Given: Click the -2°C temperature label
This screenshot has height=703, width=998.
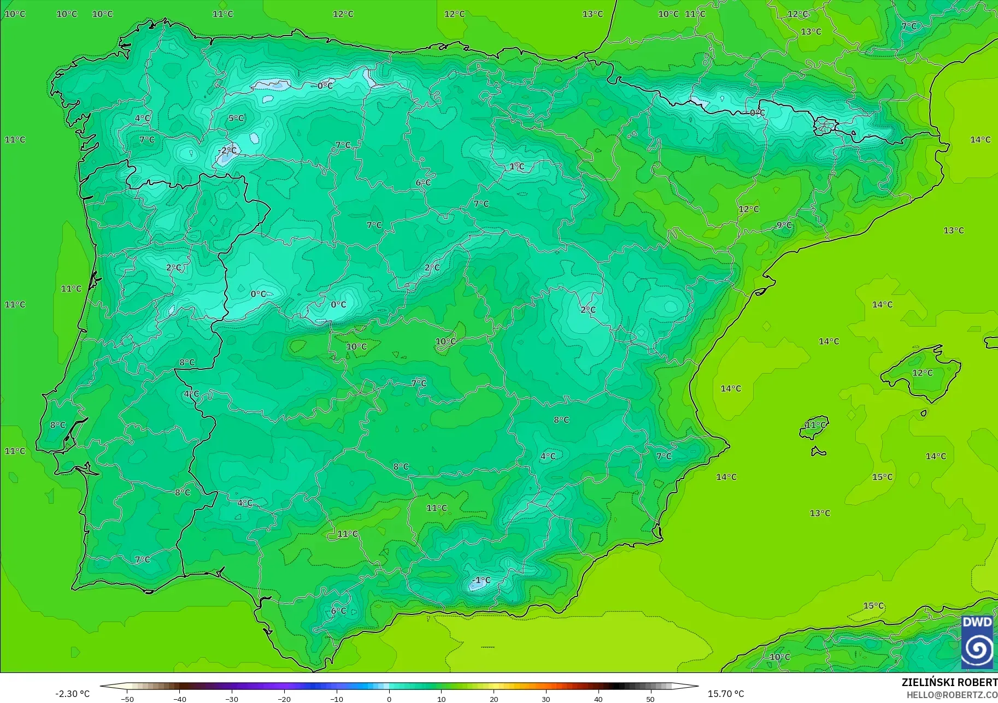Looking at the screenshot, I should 227,150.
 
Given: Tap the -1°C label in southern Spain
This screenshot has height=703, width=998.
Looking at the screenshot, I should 482,580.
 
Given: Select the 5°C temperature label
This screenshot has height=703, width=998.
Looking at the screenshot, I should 236,118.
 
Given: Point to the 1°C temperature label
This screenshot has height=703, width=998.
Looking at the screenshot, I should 516,166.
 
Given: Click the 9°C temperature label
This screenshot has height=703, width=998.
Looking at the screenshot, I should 784,225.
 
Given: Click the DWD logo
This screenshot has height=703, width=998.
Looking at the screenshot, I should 977,642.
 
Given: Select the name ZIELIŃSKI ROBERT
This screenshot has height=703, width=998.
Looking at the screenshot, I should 949,682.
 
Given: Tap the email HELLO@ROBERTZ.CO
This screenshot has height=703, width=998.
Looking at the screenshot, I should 952,695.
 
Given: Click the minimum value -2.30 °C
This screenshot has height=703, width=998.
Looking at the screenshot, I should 72,694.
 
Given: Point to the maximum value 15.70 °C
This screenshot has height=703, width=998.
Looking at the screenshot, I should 726,694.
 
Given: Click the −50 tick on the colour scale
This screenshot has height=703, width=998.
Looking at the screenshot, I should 127,699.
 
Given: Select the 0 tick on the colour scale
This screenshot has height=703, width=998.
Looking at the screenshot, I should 389,699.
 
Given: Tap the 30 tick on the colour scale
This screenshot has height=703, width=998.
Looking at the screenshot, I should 545,699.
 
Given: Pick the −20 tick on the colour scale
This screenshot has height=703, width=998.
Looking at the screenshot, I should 284,699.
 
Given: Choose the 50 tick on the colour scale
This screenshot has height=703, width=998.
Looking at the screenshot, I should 650,699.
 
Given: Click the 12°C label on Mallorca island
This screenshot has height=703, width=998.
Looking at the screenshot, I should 923,373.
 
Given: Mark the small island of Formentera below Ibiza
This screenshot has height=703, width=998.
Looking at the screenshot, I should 818,451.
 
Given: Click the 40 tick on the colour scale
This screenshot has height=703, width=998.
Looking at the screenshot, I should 598,699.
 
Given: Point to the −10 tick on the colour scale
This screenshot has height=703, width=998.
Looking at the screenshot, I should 336,699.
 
